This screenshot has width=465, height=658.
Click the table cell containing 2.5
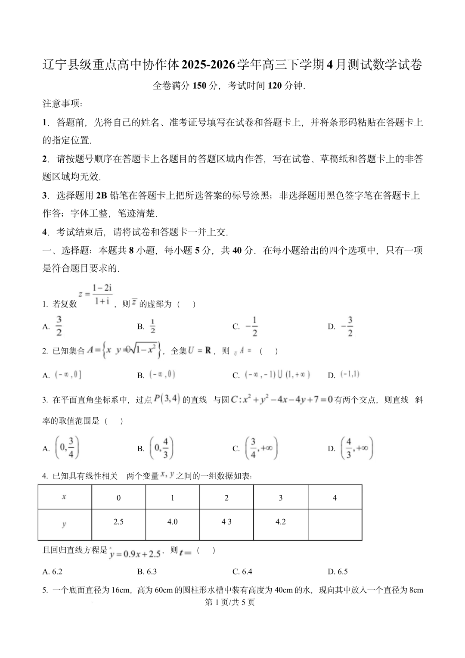click(x=118, y=522)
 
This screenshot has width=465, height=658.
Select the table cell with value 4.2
click(x=281, y=522)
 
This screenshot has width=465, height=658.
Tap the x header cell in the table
click(x=64, y=497)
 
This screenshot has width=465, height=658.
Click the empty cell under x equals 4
click(x=335, y=524)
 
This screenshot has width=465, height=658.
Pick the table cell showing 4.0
click(x=173, y=522)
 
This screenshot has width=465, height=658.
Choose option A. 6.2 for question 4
click(x=53, y=571)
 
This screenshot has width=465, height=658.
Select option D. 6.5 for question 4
click(x=338, y=571)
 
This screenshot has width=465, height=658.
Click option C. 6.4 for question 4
click(x=242, y=571)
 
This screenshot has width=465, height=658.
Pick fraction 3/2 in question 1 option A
click(x=59, y=326)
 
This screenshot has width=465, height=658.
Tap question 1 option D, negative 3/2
click(x=347, y=326)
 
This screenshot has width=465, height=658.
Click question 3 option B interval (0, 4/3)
click(x=161, y=448)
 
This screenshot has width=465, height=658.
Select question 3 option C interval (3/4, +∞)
click(x=261, y=448)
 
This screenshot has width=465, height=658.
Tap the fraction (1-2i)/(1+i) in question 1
click(x=102, y=294)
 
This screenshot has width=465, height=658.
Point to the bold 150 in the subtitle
click(x=199, y=86)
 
